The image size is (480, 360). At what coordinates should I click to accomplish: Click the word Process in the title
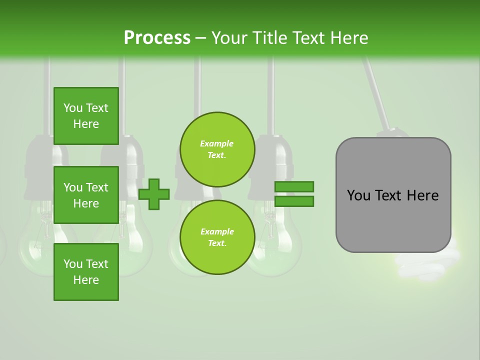point(157,38)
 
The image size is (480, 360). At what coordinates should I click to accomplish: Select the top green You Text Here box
point(86,116)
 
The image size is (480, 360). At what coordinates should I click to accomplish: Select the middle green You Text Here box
point(86,195)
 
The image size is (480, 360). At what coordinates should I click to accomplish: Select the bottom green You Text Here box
point(86,272)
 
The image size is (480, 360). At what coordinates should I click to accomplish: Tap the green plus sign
point(154,194)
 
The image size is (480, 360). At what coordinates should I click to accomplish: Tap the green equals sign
point(294,194)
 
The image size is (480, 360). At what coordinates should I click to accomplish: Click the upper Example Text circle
point(217,149)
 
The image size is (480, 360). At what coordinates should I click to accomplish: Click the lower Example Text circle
point(217,237)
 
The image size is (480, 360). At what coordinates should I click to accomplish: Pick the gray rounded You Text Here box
point(393,195)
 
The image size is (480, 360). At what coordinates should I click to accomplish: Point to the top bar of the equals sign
point(294,187)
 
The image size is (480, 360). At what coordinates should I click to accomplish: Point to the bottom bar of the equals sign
point(294,201)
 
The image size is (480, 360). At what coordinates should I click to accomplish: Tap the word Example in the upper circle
point(217,144)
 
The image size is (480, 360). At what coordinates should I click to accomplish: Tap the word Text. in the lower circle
point(217,243)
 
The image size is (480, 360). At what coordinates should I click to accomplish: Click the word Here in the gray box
point(422,195)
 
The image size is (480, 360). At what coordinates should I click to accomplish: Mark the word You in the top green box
point(73,108)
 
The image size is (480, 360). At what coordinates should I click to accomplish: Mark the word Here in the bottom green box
point(86,280)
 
